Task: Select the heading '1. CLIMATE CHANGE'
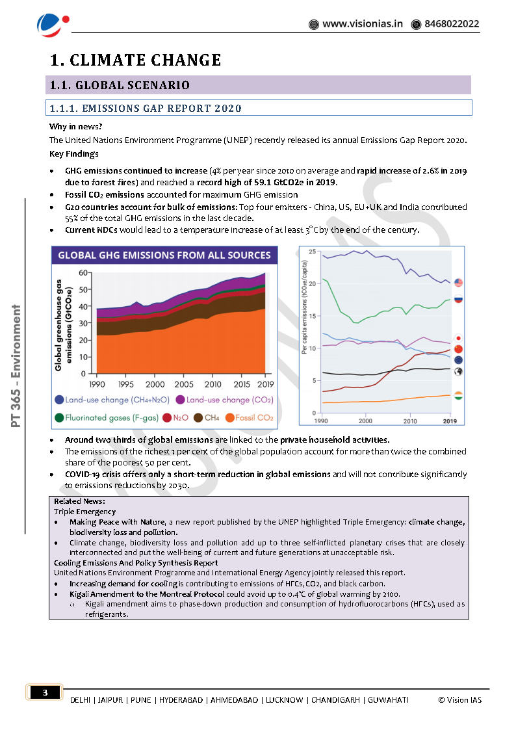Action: (x=136, y=60)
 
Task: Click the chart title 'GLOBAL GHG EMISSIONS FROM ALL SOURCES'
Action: (x=164, y=255)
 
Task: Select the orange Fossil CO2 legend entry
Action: (x=248, y=417)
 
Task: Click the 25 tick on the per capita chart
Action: (x=313, y=252)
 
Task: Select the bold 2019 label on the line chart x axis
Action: (x=449, y=421)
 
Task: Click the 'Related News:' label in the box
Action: (x=79, y=501)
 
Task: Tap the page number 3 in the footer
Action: (x=45, y=693)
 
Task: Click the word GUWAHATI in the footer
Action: (x=388, y=699)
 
